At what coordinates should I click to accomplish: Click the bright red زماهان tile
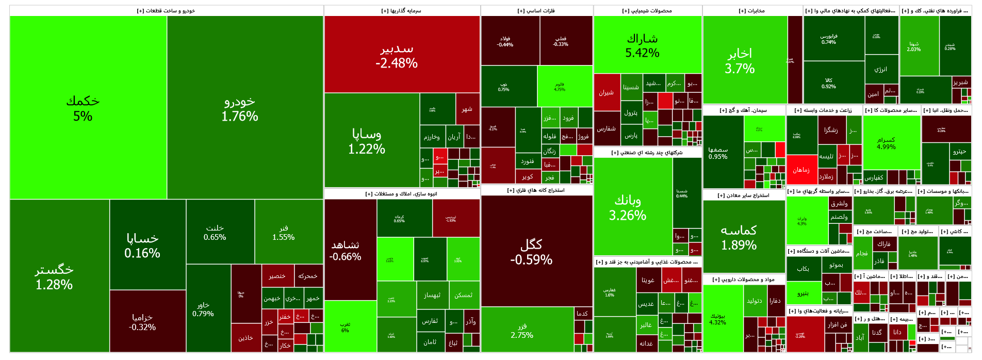click(801, 170)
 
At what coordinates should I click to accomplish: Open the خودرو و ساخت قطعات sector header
click(166, 11)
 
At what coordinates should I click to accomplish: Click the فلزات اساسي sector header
click(536, 11)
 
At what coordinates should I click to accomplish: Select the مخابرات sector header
click(752, 11)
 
